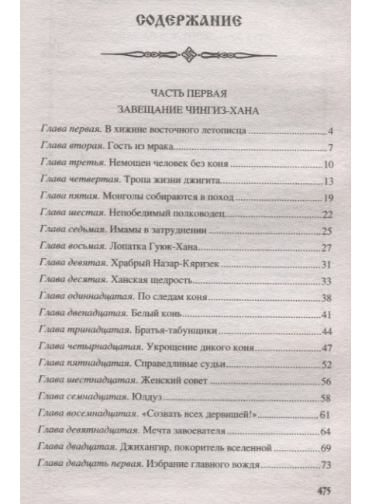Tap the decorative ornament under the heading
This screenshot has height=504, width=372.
coord(186,57)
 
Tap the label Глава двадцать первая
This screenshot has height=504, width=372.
coord(84,465)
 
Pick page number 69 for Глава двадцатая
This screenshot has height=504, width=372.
coord(327,448)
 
